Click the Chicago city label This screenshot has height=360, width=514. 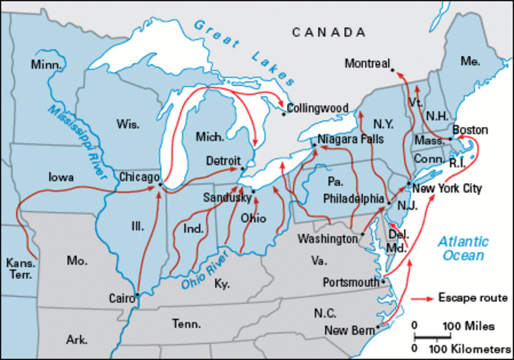coord(138,175)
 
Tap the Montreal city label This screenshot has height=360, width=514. coord(367,63)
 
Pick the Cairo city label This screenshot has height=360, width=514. coord(121,298)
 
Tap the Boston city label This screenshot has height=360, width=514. coord(470,129)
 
